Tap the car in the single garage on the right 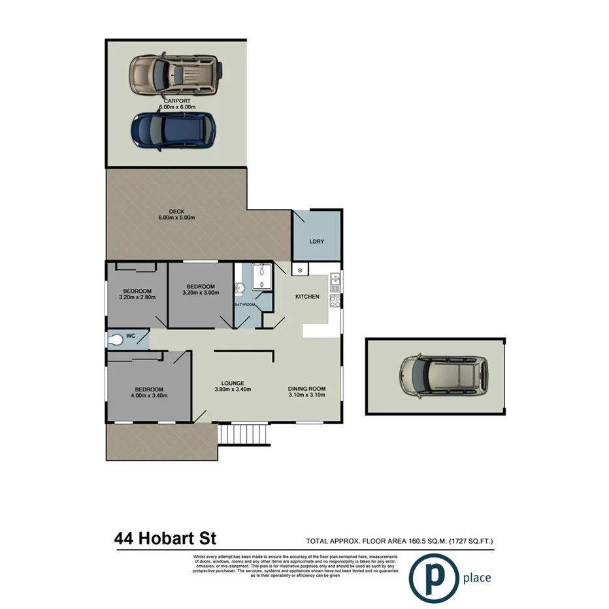pyautogui.click(x=444, y=376)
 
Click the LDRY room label pyautogui.click(x=316, y=242)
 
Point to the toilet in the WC pyautogui.click(x=117, y=339)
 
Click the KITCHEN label pyautogui.click(x=307, y=297)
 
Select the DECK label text pyautogui.click(x=176, y=211)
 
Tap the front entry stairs pyautogui.click(x=244, y=434)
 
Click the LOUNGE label pyautogui.click(x=233, y=383)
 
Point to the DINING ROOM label pyautogui.click(x=306, y=389)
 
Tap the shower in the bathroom pyautogui.click(x=261, y=276)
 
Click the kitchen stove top pyautogui.click(x=335, y=301)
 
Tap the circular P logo pyautogui.click(x=432, y=576)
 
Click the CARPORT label pyautogui.click(x=177, y=101)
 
